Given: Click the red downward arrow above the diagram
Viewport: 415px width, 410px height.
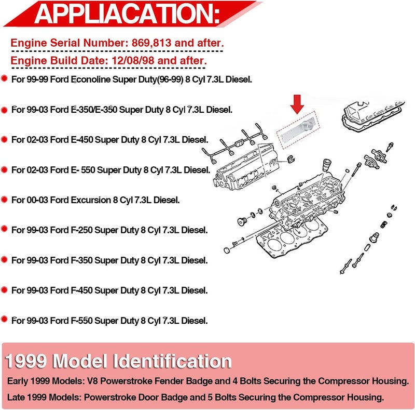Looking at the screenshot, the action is point(297,104).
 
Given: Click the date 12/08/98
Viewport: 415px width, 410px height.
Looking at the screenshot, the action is point(133,60).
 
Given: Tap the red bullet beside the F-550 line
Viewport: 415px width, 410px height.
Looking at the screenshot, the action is point(4,319).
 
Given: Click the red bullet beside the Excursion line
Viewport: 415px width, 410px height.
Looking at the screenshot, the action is point(4,199).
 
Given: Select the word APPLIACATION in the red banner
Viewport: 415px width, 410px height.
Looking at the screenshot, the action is point(127,14).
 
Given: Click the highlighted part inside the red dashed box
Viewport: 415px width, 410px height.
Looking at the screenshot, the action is point(298,130).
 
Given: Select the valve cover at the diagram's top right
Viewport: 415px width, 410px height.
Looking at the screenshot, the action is point(373,115).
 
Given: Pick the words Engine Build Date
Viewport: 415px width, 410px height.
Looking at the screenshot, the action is point(59,60).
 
